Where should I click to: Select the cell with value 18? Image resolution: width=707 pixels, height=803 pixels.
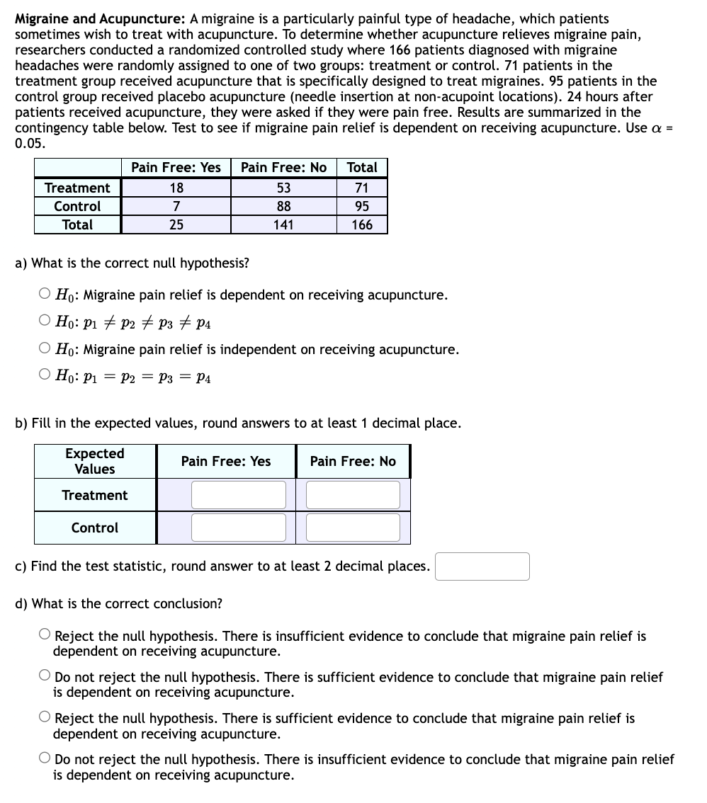(x=176, y=188)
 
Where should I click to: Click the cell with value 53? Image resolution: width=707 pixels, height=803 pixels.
(x=283, y=188)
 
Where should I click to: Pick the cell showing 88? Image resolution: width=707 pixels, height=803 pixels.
(x=283, y=206)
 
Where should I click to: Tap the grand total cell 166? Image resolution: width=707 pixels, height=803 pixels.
(x=361, y=224)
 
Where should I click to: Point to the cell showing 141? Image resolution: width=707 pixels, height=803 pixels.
(x=283, y=224)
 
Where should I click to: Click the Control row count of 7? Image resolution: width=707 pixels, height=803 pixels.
(x=176, y=206)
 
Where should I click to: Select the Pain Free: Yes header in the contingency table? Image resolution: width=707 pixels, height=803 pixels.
(x=176, y=168)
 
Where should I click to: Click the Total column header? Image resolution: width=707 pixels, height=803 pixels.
(x=361, y=168)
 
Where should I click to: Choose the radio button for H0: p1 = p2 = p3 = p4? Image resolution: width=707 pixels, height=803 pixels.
(x=45, y=377)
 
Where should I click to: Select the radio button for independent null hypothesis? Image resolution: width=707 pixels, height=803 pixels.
(x=45, y=349)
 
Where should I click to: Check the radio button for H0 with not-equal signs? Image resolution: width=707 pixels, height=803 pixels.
(x=45, y=322)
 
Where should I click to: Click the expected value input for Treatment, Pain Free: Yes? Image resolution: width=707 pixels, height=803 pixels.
(x=238, y=495)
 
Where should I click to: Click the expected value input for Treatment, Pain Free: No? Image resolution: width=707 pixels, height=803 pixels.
(x=353, y=495)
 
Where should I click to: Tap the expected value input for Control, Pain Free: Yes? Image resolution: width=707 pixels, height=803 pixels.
(x=238, y=528)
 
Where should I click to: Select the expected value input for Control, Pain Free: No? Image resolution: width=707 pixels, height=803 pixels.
(x=353, y=528)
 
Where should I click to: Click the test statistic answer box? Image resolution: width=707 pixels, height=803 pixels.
(x=482, y=566)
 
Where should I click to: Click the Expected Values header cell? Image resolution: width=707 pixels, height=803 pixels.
(x=95, y=461)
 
